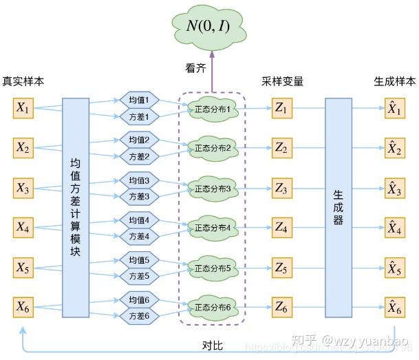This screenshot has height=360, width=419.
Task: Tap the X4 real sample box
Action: [x=23, y=226]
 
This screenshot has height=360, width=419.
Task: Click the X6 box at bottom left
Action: [x=23, y=306]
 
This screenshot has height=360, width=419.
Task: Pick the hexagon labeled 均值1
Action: [x=144, y=100]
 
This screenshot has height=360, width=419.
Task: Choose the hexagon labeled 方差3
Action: [x=144, y=196]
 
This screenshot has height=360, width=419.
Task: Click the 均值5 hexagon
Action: [x=144, y=260]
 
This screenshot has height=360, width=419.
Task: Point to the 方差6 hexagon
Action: [x=144, y=315]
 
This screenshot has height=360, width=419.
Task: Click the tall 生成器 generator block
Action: [x=339, y=207]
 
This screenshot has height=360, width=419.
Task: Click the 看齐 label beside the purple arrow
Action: [x=195, y=69]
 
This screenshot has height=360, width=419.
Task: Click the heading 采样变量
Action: [x=282, y=81]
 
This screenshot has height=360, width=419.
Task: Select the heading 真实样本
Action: [x=23, y=81]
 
